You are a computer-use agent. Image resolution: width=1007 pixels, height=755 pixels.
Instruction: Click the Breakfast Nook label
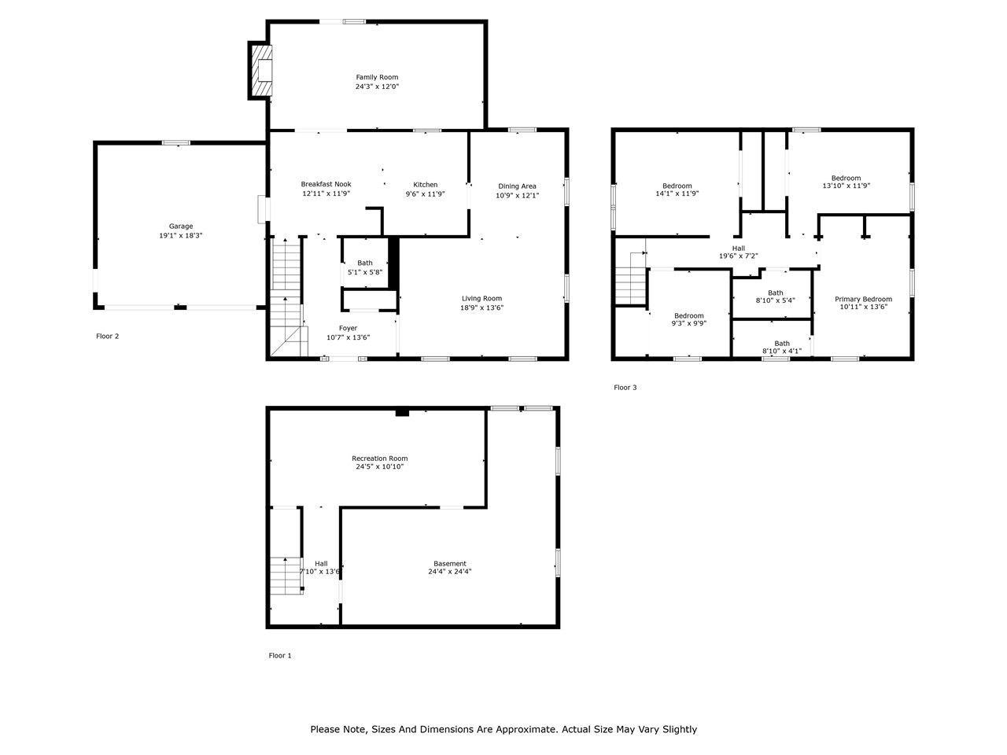(x=326, y=184)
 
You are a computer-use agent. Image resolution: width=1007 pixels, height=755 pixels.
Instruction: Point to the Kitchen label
(x=425, y=185)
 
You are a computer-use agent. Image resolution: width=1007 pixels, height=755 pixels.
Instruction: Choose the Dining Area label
(x=517, y=186)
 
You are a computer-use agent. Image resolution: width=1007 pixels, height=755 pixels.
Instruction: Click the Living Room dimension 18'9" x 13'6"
(x=481, y=308)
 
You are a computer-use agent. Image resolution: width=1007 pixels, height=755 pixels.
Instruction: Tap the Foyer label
(x=348, y=328)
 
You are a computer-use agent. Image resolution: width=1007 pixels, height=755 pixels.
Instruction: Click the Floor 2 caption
(x=108, y=336)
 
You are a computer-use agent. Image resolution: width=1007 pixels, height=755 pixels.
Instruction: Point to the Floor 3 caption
(x=625, y=387)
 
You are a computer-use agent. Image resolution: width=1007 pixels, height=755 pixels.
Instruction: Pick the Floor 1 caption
(x=280, y=655)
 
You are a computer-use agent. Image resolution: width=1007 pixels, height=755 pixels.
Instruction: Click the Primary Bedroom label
(x=863, y=299)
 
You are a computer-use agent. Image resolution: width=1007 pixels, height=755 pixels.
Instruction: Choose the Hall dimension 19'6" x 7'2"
(x=738, y=256)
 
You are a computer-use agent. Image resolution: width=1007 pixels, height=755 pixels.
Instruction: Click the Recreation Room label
(x=379, y=459)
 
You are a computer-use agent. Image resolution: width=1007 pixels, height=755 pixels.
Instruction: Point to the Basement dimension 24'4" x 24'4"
(x=449, y=572)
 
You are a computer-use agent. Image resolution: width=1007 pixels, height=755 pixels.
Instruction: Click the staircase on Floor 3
(x=630, y=285)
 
